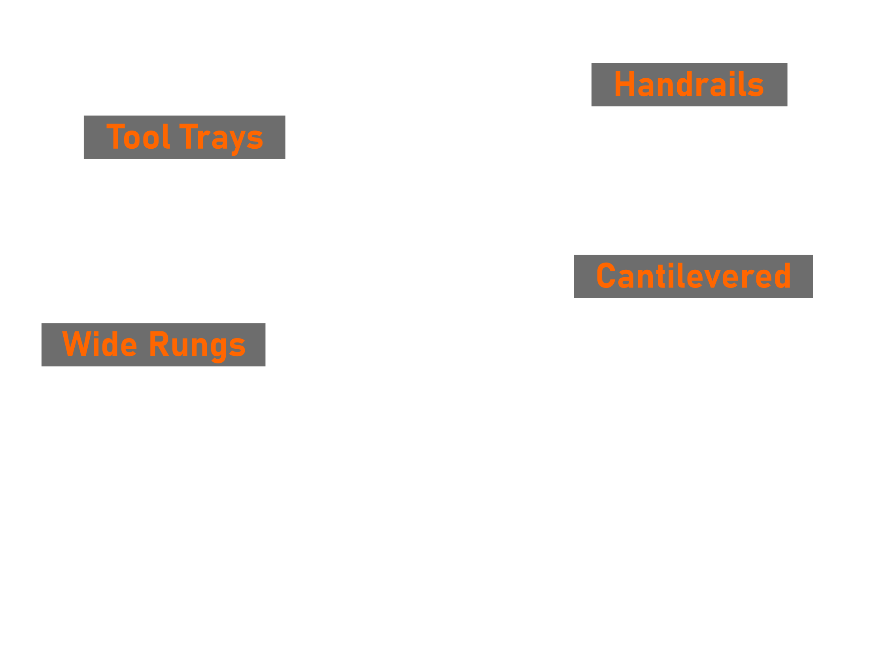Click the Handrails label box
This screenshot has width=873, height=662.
(689, 85)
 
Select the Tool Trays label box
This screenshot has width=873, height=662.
(184, 138)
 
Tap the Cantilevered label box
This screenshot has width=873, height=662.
(693, 276)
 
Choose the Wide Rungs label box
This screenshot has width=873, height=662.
(153, 345)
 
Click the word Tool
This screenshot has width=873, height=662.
(138, 137)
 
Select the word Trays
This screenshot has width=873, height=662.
(221, 138)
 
